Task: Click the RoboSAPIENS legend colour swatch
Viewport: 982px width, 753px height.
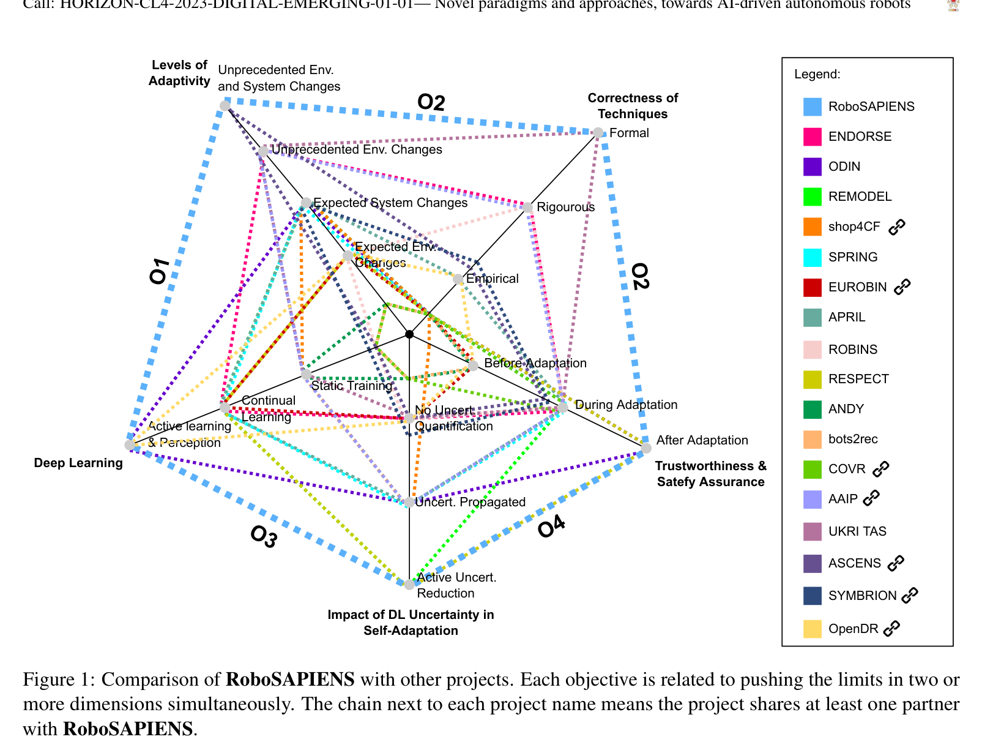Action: pyautogui.click(x=812, y=107)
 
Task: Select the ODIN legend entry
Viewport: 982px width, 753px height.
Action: pyautogui.click(x=844, y=167)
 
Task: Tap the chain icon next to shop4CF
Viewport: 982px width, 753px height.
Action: pyautogui.click(x=896, y=227)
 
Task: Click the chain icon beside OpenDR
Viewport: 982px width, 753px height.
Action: pyautogui.click(x=891, y=629)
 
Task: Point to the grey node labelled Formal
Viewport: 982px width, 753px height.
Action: pyautogui.click(x=598, y=133)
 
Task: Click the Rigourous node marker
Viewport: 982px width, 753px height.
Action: pyautogui.click(x=527, y=208)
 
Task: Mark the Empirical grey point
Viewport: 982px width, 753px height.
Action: pyautogui.click(x=458, y=279)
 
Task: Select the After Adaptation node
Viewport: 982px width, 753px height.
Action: pyautogui.click(x=646, y=449)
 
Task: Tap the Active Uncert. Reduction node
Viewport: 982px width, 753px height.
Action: pyautogui.click(x=409, y=585)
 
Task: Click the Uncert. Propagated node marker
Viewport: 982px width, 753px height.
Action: pyautogui.click(x=409, y=503)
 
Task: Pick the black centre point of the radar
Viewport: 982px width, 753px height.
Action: pyautogui.click(x=409, y=334)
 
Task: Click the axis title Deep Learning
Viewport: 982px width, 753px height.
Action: pyautogui.click(x=78, y=463)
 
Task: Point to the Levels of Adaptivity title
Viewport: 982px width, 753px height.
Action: pyautogui.click(x=179, y=73)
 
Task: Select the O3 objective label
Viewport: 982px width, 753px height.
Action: pyautogui.click(x=264, y=537)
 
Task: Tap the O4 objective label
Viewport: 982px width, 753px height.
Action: pyautogui.click(x=551, y=526)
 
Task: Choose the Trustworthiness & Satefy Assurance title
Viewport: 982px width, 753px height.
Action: pyautogui.click(x=710, y=474)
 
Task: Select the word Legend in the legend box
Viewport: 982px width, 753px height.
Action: pyautogui.click(x=817, y=75)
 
